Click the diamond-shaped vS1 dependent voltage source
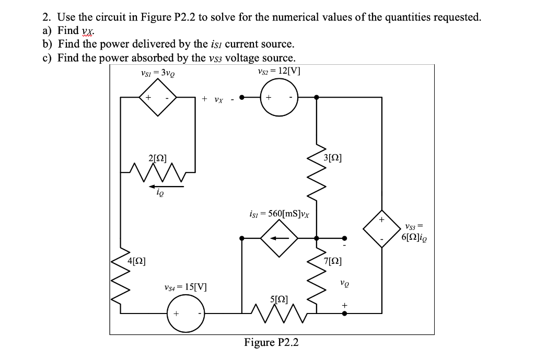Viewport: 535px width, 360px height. click(x=157, y=97)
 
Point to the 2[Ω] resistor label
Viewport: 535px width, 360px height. click(x=158, y=157)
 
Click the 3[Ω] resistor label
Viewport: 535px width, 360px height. click(x=333, y=157)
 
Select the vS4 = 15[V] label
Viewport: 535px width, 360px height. click(x=185, y=287)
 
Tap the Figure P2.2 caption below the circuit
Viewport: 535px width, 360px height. click(x=271, y=342)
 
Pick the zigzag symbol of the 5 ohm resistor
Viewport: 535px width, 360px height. click(x=278, y=313)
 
